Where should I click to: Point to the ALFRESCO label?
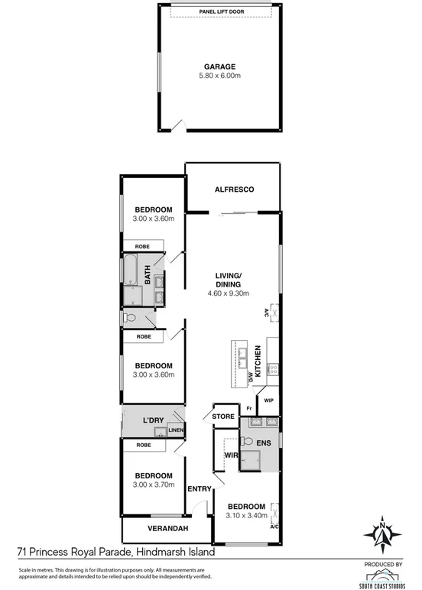point(234,189)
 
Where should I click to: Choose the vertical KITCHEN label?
point(258,360)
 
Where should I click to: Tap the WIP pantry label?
point(269,400)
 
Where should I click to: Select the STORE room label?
point(223,417)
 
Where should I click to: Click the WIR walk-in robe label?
point(228,456)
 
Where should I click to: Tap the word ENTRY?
point(199,489)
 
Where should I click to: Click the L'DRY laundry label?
point(155,421)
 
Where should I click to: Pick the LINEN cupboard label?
point(176,431)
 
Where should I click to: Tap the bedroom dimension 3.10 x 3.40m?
point(245,515)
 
